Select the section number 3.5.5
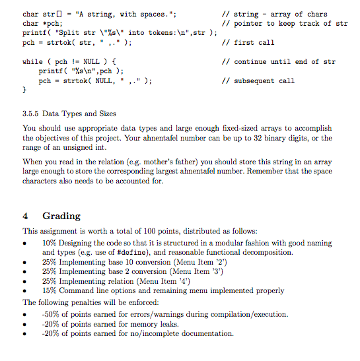[33, 114]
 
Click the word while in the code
[32, 62]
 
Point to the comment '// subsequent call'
[259, 81]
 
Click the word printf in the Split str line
[35, 32]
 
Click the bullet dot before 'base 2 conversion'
[25, 272]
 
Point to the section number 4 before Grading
[25, 216]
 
